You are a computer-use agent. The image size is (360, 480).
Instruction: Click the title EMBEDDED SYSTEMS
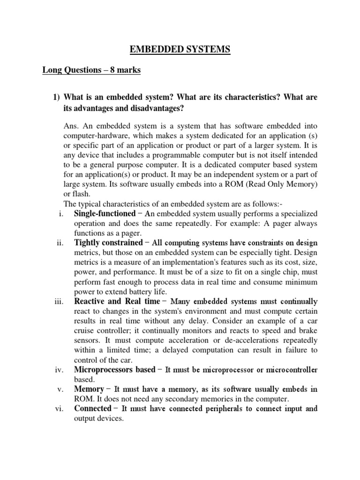click(x=180, y=48)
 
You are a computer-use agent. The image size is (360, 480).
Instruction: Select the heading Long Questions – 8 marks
click(x=91, y=71)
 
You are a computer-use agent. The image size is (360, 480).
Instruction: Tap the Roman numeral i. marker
click(x=60, y=213)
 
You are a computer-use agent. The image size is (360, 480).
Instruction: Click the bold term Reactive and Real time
click(x=117, y=301)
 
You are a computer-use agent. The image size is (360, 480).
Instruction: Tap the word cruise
click(x=85, y=330)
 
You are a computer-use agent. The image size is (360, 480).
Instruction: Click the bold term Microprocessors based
click(x=115, y=370)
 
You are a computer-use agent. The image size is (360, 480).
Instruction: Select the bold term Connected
click(x=93, y=408)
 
